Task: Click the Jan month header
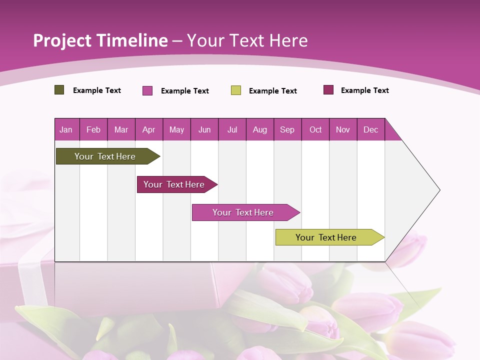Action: point(66,129)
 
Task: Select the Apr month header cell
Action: point(148,129)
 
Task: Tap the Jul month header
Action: point(232,129)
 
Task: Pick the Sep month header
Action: point(287,129)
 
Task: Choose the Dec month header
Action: point(370,129)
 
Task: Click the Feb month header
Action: point(93,129)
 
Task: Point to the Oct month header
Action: point(315,129)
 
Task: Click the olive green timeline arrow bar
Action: point(105,156)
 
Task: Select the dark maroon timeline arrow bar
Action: point(174,184)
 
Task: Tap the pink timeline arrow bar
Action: point(243,212)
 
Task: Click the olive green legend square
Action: point(59,90)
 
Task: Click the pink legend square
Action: point(147,90)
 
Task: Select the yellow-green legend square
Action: point(235,90)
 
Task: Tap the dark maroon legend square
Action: point(328,90)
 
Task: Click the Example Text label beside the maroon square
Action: point(364,90)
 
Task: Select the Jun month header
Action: point(204,129)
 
